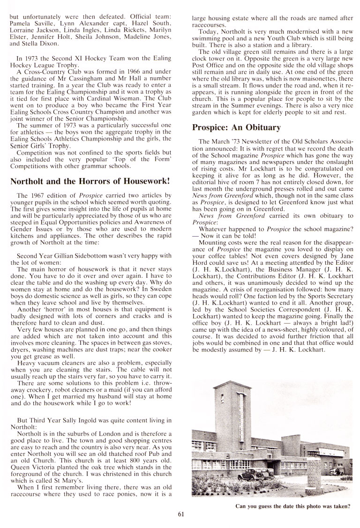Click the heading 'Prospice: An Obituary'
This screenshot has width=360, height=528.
point(237,127)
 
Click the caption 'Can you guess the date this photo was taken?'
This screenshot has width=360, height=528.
point(293,506)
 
